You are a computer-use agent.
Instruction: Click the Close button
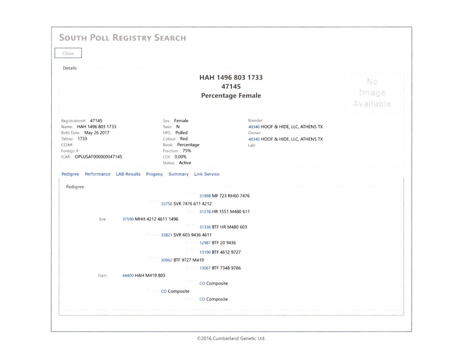[68, 53]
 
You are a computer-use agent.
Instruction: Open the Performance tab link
[98, 174]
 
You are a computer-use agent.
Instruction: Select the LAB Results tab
[128, 174]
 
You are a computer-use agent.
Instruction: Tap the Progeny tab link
[154, 174]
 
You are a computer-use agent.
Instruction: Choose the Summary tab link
[179, 174]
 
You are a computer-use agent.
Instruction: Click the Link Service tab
[207, 174]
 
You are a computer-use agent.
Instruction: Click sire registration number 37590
[128, 219]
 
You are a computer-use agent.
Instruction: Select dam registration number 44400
[128, 275]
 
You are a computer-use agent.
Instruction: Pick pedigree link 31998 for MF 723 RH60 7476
[205, 196]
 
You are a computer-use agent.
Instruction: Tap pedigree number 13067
[205, 268]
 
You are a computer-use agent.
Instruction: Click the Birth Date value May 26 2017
[97, 133]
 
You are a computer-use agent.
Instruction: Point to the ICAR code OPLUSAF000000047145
[99, 157]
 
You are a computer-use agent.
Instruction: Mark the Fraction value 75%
[187, 151]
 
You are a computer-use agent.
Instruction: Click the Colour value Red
[184, 139]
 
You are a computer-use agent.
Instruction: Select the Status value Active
[185, 163]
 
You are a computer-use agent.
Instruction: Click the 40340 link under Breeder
[254, 127]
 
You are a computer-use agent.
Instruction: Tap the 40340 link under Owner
[254, 139]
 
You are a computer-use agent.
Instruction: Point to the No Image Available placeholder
[372, 93]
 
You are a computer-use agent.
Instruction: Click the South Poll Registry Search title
[122, 38]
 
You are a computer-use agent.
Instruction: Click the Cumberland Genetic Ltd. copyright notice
[231, 338]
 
